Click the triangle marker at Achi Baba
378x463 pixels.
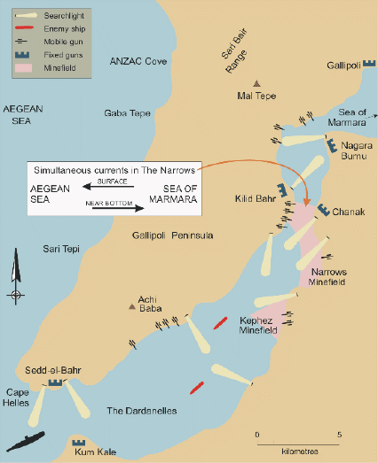133,307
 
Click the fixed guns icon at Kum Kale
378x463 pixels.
78,440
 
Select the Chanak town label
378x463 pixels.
347,212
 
